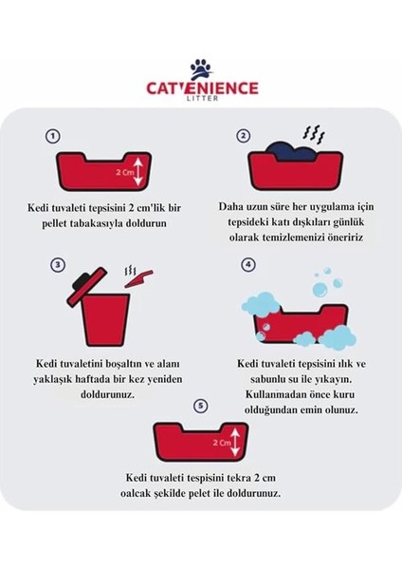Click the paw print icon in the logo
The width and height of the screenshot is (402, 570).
(x=200, y=68)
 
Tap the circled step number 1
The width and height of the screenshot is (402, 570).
(x=54, y=136)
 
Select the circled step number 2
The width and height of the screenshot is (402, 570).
(x=244, y=136)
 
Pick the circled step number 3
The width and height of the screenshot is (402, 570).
(x=58, y=264)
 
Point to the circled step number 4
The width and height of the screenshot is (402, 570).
(x=248, y=264)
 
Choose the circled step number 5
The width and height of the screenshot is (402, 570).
(x=199, y=407)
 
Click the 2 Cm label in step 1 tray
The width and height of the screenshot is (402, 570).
(x=123, y=172)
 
